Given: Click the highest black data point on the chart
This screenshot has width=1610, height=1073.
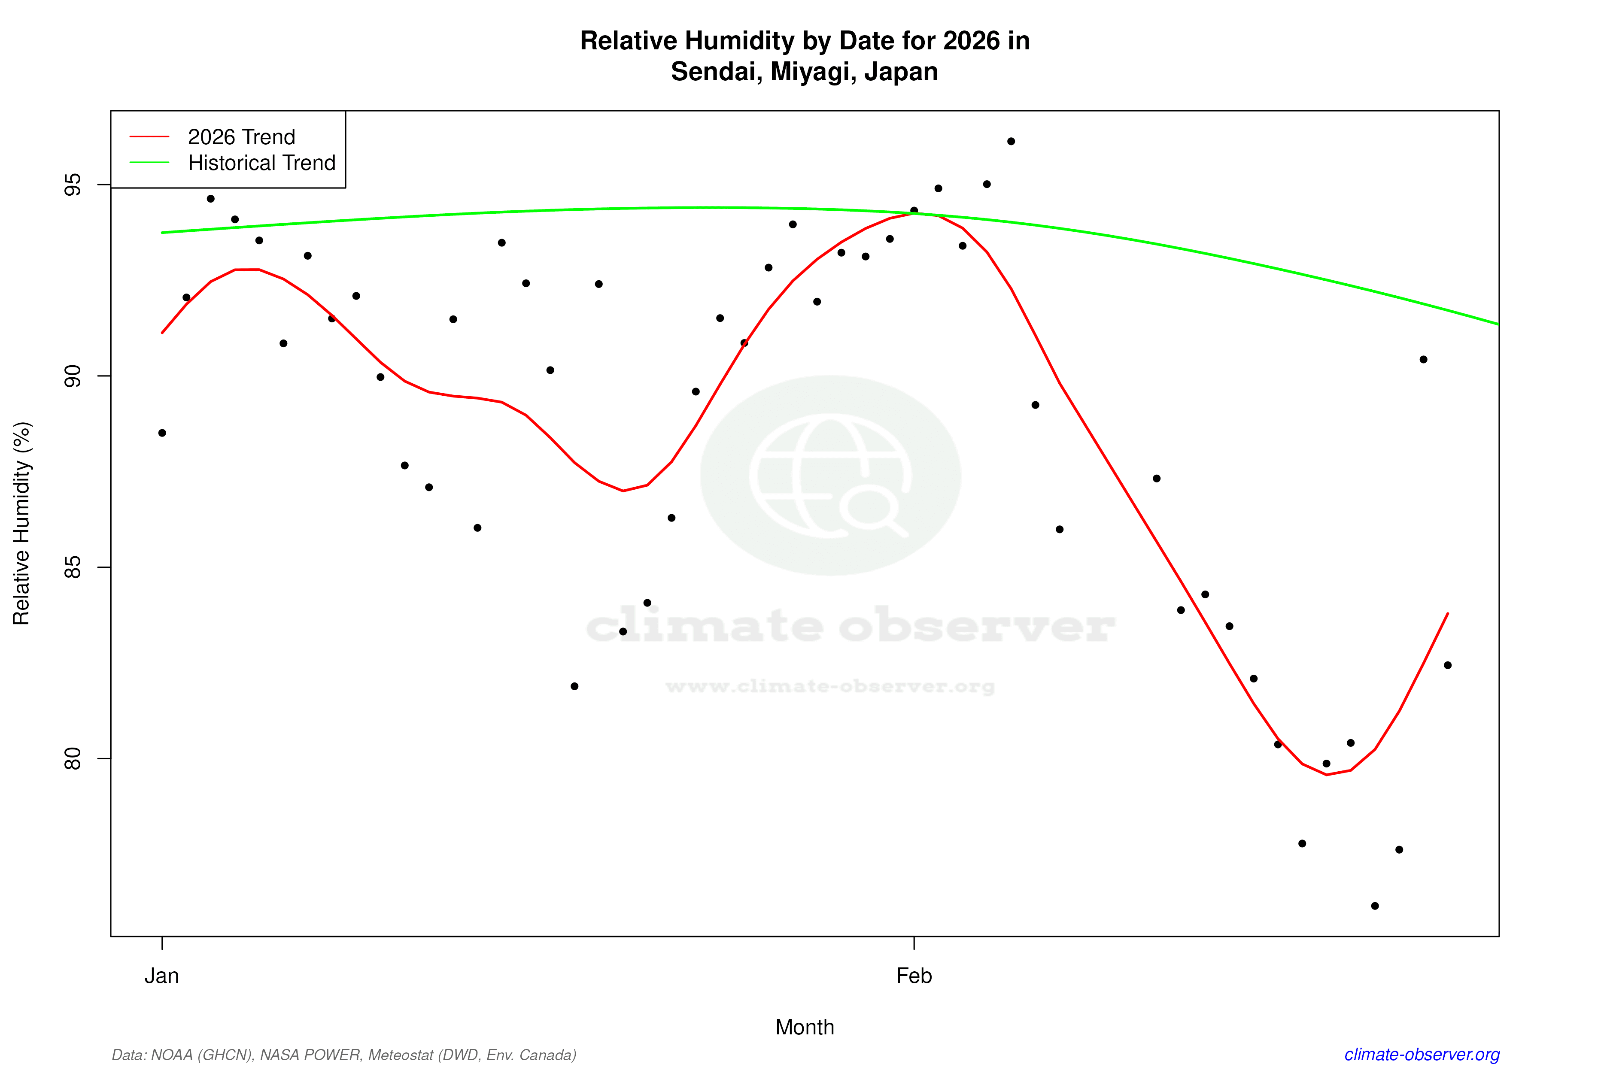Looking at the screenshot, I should [1011, 142].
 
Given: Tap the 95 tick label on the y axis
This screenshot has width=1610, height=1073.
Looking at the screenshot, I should [73, 185].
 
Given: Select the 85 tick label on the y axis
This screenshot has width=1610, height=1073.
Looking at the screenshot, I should [73, 567].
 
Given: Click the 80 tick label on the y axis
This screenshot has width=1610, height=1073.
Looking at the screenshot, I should [73, 758].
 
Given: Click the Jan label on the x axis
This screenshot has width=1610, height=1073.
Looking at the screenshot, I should [161, 976].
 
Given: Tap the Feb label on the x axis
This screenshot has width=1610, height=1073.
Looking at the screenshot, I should [914, 976].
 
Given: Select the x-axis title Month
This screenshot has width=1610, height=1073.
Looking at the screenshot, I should [804, 1027].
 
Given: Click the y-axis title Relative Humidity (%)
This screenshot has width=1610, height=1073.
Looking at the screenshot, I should [22, 524].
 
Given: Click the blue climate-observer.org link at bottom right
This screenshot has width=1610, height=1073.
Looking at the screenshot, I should [1422, 1055].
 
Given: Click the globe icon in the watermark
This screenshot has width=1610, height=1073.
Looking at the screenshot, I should [830, 475].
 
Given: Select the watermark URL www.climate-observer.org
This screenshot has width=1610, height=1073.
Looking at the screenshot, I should [830, 686].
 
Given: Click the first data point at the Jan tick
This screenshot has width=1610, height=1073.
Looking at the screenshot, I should [162, 433].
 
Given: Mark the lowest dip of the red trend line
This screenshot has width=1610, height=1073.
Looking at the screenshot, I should [1327, 775].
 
